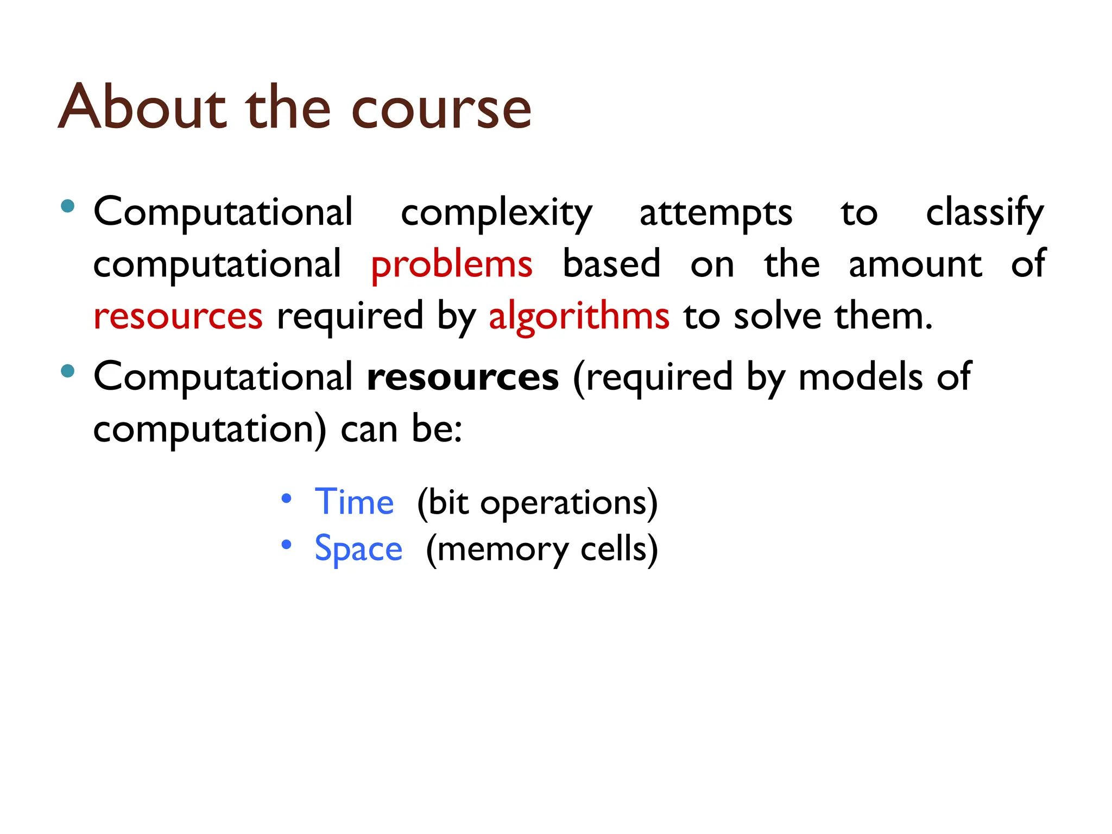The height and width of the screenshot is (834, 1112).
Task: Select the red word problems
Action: [x=451, y=265]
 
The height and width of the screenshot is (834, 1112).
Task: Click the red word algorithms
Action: [x=579, y=317]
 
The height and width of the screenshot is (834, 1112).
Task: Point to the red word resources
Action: [x=178, y=317]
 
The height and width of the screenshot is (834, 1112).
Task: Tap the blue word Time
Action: [x=354, y=502]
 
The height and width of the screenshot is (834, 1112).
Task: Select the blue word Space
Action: [x=358, y=548]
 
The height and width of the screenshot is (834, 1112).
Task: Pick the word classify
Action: [x=984, y=213]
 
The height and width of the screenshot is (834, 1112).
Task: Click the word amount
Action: [x=915, y=265]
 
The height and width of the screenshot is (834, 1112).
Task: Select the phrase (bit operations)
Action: [x=537, y=503]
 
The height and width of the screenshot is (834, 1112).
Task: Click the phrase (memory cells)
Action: [x=542, y=549]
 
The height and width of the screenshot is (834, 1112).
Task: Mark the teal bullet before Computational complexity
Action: [x=68, y=206]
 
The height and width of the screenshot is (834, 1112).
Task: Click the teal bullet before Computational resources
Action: [x=68, y=371]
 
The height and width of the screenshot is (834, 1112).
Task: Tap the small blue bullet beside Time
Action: [x=287, y=498]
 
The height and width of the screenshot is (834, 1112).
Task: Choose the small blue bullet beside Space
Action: [x=287, y=545]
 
